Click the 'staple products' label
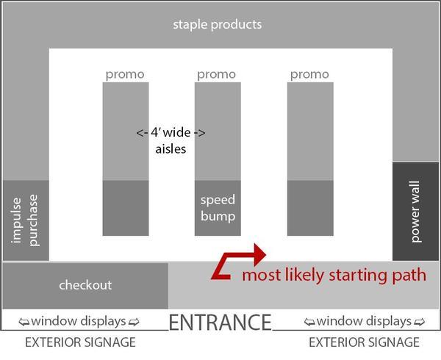coord(217,24)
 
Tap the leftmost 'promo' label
coord(125,74)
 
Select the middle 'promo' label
coord(217,74)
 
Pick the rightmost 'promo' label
coord(309,74)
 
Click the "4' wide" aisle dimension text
coord(171,133)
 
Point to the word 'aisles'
coord(171,148)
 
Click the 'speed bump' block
coord(218,208)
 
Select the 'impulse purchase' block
coord(26,220)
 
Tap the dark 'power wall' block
coord(416,211)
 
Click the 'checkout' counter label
coord(85,285)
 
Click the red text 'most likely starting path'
coord(334,276)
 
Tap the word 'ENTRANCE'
coord(220,322)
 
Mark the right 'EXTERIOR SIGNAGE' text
coord(364,342)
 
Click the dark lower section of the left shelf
coord(125,208)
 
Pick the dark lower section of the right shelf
coord(309,208)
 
